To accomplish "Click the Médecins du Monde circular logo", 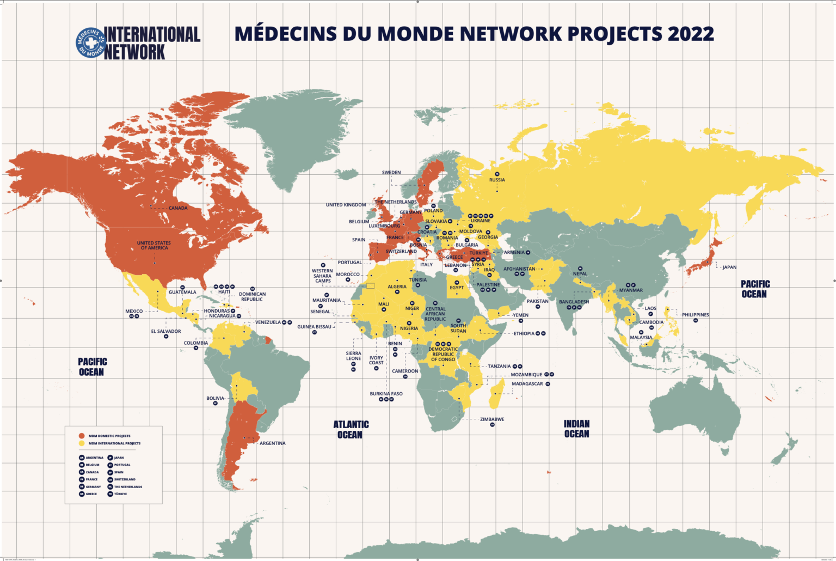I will click(x=90, y=42).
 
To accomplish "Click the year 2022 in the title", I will click(x=691, y=34).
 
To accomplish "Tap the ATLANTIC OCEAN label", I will click(x=351, y=429).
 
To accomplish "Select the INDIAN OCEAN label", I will click(x=576, y=429).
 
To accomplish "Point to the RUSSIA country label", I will click(x=496, y=180).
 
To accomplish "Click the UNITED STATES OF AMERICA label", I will click(x=154, y=246).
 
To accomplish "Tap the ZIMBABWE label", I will click(x=492, y=419).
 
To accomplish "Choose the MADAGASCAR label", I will click(x=527, y=384).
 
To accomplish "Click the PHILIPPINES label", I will click(x=696, y=315).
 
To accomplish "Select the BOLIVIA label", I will click(x=215, y=398).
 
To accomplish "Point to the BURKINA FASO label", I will click(x=386, y=394).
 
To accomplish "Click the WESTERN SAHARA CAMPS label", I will click(x=322, y=276).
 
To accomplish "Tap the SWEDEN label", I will click(x=391, y=173).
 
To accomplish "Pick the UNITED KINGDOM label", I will click(x=346, y=205).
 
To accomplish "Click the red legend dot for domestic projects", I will click(x=82, y=436).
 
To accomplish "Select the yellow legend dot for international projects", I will click(x=82, y=443).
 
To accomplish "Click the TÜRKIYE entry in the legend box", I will click(x=120, y=494).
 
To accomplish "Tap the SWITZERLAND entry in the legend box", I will click(x=125, y=479).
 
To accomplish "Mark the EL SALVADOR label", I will click(x=166, y=331).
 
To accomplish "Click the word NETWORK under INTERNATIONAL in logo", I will click(x=134, y=52).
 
